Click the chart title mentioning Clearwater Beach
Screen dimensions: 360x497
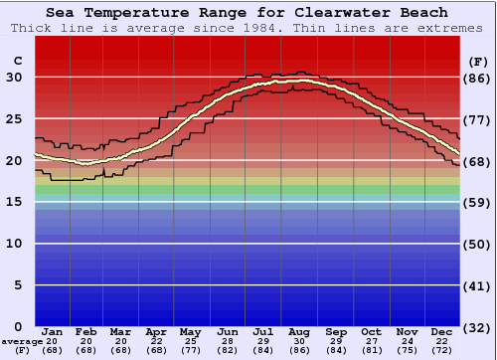(248, 12)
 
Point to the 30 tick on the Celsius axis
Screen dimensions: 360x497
(15, 78)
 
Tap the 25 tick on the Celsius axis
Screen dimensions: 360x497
(15, 119)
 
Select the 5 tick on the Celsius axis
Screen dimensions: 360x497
(15, 285)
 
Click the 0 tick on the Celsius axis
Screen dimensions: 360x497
(15, 327)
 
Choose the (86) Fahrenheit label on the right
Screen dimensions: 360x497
(478, 78)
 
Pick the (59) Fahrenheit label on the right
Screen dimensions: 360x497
(478, 203)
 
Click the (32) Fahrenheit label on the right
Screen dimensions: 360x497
(478, 327)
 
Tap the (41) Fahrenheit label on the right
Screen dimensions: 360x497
(478, 285)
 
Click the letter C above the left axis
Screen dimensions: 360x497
(16, 61)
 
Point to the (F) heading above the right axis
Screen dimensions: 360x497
(478, 61)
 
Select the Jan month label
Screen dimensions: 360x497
(53, 331)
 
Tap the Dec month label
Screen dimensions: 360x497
(443, 331)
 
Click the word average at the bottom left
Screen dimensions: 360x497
(22, 341)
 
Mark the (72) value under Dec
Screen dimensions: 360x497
(443, 350)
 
